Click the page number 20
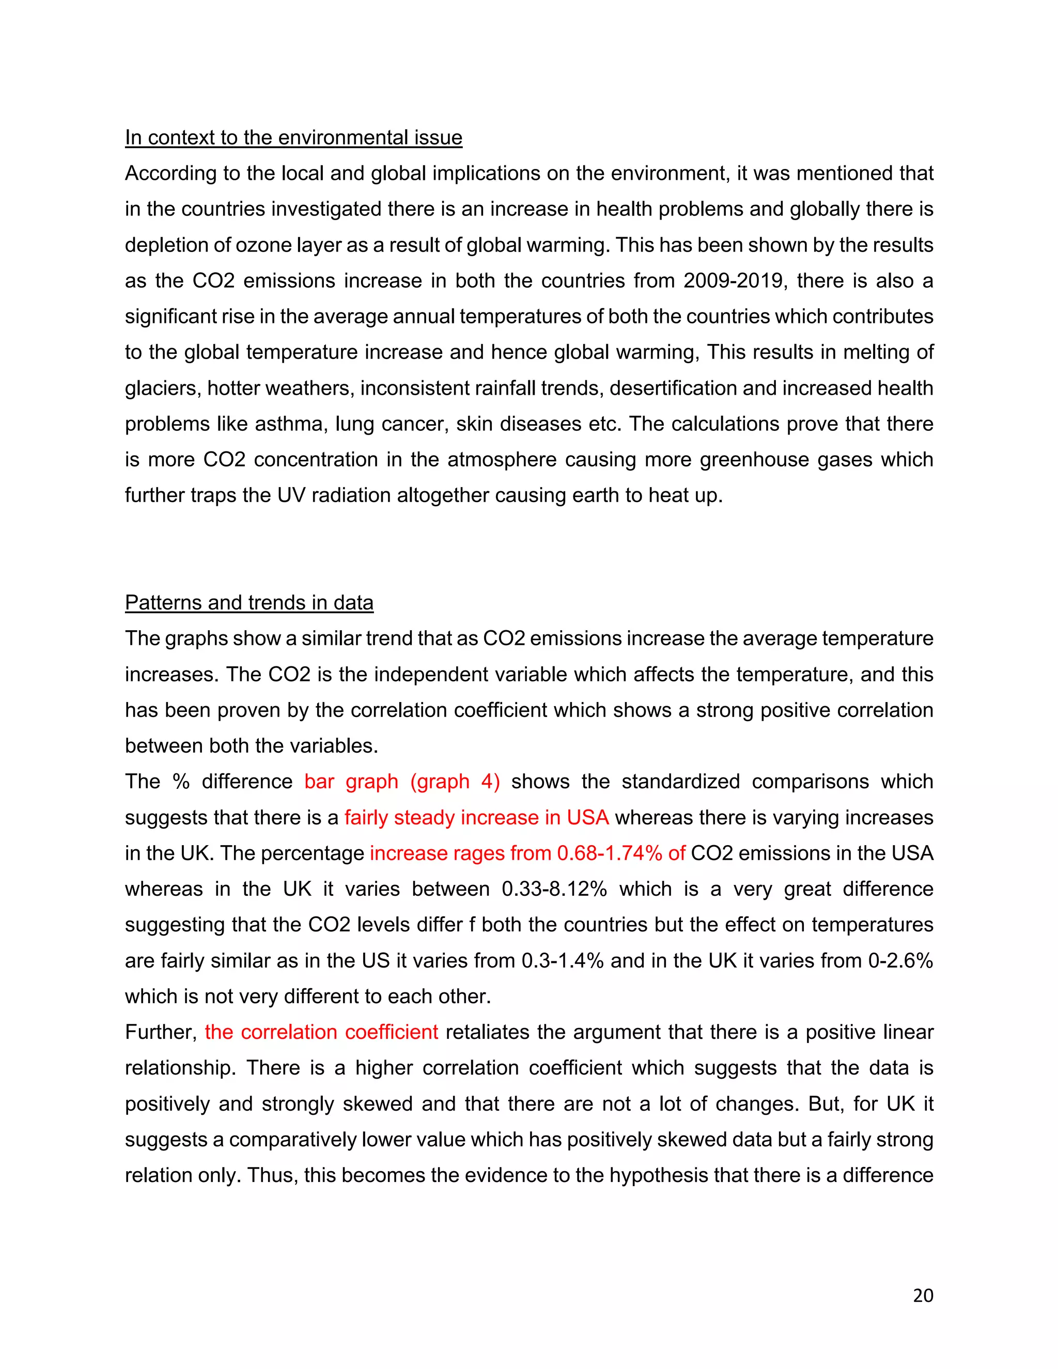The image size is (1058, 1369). pos(923,1296)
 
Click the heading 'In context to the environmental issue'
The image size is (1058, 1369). pos(293,137)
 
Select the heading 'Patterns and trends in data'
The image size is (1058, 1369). pos(249,602)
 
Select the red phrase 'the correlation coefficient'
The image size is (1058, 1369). pos(321,1032)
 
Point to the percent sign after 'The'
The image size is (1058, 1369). pos(181,782)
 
